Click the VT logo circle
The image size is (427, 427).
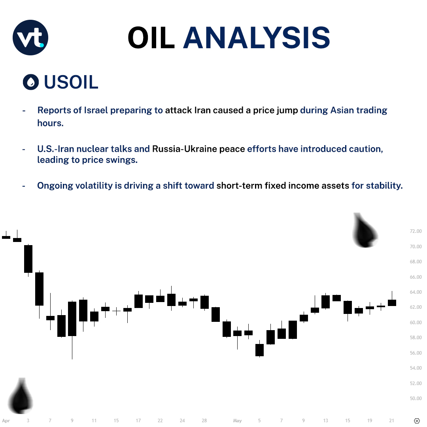click(x=30, y=38)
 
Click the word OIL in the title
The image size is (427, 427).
click(x=151, y=38)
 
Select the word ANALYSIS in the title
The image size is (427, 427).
click(x=257, y=38)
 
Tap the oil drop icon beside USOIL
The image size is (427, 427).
click(x=31, y=82)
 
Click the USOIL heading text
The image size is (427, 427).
click(x=71, y=82)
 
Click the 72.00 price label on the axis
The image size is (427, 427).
click(x=416, y=231)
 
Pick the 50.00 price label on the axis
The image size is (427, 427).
click(x=416, y=399)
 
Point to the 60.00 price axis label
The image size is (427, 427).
click(x=416, y=323)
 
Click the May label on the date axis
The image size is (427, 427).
click(x=237, y=421)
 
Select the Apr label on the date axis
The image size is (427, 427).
click(x=6, y=421)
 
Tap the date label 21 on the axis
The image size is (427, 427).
click(x=391, y=421)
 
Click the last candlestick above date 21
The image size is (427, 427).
click(x=392, y=302)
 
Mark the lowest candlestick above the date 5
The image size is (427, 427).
click(x=259, y=350)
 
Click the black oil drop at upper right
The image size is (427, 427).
click(x=365, y=231)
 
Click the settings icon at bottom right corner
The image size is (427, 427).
click(x=417, y=421)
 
